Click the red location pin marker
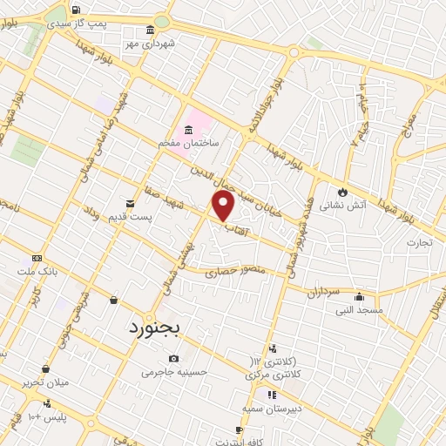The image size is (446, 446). click(x=224, y=206)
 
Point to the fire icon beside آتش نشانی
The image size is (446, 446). click(x=342, y=193)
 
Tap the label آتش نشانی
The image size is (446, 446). click(x=341, y=206)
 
